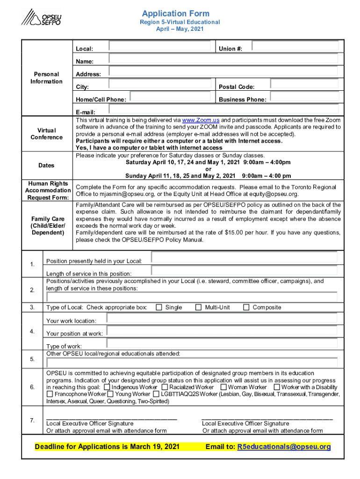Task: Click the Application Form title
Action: tap(176, 14)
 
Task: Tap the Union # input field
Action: tap(295, 46)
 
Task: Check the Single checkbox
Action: tap(159, 307)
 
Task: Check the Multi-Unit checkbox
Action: tap(198, 307)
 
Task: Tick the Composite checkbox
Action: tap(246, 307)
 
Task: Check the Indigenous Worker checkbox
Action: tap(108, 387)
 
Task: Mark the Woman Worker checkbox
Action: tap(223, 387)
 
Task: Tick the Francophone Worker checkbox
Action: tap(50, 394)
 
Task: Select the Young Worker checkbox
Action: tap(110, 394)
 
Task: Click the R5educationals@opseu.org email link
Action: tap(284, 447)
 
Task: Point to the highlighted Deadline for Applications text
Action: tap(107, 447)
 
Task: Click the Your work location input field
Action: tap(222, 319)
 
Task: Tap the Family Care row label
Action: tap(47, 225)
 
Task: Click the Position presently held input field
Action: tap(244, 258)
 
